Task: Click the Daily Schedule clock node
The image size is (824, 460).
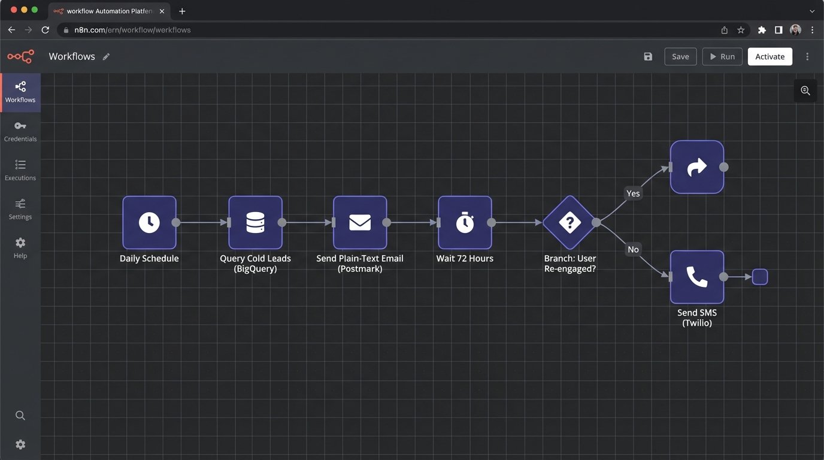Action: [149, 222]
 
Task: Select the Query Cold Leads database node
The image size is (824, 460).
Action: [255, 222]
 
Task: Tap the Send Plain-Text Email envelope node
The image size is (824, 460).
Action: [360, 222]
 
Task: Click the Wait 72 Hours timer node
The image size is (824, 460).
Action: [465, 222]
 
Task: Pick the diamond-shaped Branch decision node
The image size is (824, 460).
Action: [569, 222]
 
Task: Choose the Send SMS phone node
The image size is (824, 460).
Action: [697, 277]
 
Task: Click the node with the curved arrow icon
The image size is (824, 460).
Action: [697, 167]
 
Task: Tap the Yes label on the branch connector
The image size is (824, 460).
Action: [633, 193]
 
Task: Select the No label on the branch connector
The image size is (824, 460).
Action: [633, 249]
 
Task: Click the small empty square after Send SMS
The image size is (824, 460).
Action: [760, 277]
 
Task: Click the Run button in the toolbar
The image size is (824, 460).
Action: [722, 56]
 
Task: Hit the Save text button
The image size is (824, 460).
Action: [680, 56]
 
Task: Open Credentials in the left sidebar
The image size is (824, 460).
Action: [20, 131]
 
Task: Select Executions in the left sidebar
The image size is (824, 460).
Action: [20, 170]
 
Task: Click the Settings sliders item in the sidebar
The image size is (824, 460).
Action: [20, 209]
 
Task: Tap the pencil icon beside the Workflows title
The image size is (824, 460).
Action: [106, 56]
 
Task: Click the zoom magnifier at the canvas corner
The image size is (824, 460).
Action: [805, 90]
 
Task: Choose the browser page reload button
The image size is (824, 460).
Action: [45, 29]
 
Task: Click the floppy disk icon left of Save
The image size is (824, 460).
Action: [648, 56]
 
